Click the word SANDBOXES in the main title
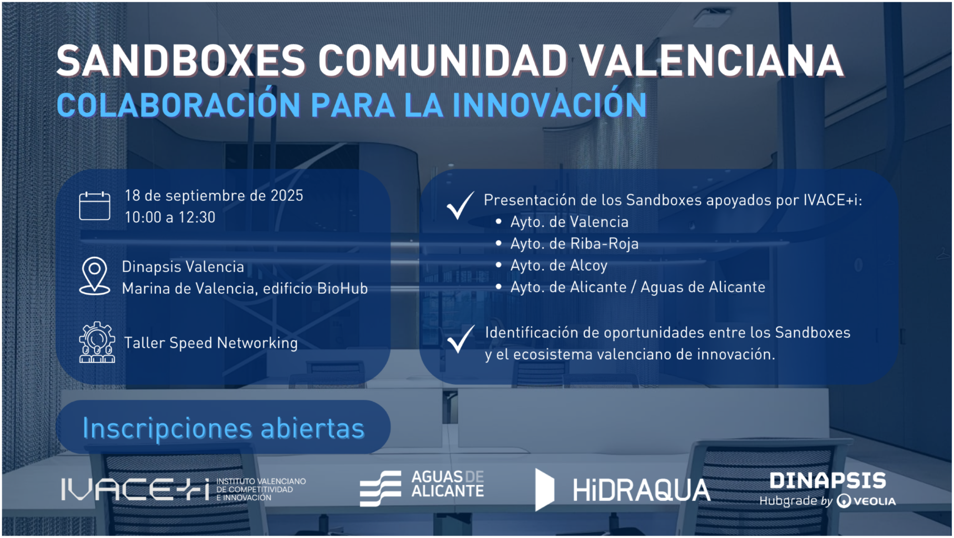point(181,61)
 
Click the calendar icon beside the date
point(95,205)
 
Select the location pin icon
point(95,276)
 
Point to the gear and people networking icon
point(97,343)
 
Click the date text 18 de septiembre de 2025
point(214,195)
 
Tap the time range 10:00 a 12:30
point(170,217)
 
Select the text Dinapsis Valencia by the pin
point(183,267)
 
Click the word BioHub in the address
point(343,288)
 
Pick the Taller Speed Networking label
point(211,343)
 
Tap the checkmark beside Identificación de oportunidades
point(460,339)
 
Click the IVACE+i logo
point(184,489)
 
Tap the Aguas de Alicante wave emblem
point(380,489)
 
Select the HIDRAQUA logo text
point(642,490)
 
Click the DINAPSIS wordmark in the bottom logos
point(828,480)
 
